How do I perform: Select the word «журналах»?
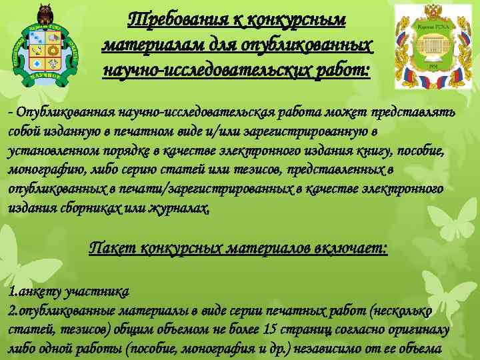click(181, 209)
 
